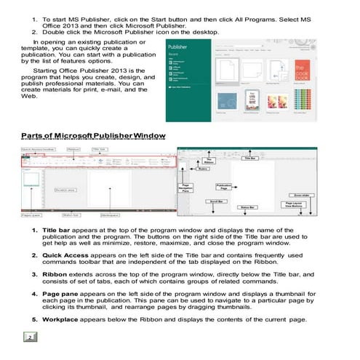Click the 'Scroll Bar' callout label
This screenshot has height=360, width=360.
[216, 201]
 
